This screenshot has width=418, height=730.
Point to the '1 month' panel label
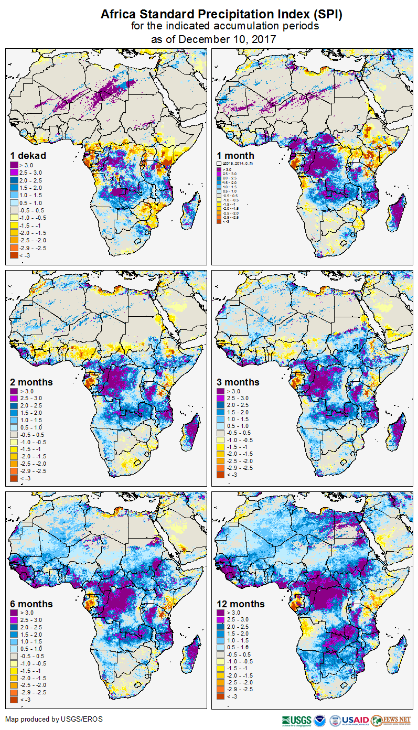click(235, 155)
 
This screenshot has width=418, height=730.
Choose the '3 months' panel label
click(238, 382)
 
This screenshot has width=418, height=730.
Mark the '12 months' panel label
click(241, 604)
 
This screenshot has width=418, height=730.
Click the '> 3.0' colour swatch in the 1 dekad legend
click(14, 165)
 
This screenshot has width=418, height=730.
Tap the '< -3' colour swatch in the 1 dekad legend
click(14, 255)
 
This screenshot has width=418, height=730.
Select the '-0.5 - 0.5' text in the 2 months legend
click(33, 435)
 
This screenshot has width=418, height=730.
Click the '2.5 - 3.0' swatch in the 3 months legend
click(221, 399)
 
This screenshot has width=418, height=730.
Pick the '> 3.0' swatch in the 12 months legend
click(221, 613)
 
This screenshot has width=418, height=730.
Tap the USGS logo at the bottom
click(296, 720)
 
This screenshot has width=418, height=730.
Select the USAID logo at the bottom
click(355, 720)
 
